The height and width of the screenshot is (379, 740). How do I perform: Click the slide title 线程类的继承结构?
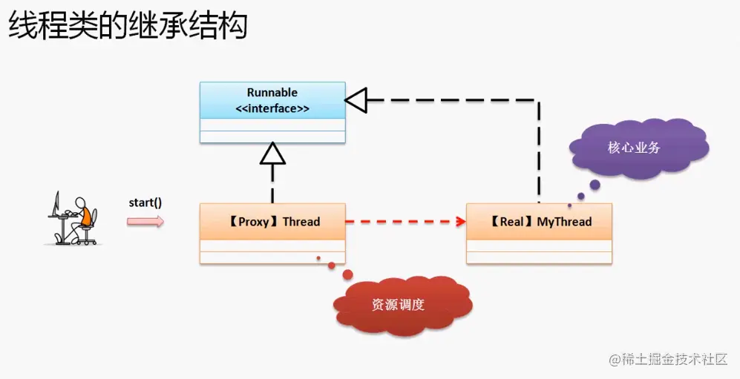tap(128, 27)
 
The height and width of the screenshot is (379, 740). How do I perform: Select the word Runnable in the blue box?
tap(272, 93)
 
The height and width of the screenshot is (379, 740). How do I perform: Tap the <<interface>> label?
tap(272, 108)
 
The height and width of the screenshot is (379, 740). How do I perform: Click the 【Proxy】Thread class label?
tap(272, 221)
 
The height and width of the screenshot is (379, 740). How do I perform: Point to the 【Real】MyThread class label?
tap(540, 221)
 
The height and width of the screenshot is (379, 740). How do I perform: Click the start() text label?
tap(145, 202)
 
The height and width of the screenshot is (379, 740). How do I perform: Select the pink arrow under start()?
tap(145, 220)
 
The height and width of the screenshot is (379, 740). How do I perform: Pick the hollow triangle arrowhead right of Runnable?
tap(357, 99)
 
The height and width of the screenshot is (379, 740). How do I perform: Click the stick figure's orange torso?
tap(85, 216)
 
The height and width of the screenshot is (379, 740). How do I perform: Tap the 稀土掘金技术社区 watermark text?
tap(674, 360)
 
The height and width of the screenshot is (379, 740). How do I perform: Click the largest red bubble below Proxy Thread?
tap(347, 276)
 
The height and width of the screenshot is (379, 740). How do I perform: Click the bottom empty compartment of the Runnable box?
tap(272, 137)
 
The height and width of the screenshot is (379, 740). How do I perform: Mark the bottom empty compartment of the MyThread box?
tap(540, 257)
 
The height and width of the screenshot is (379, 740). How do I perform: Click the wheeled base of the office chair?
tap(88, 240)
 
